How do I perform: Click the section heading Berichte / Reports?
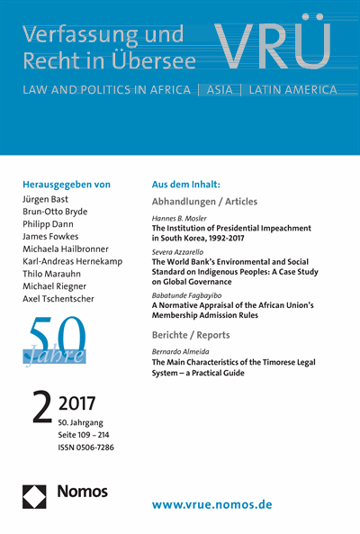coord(192,334)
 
